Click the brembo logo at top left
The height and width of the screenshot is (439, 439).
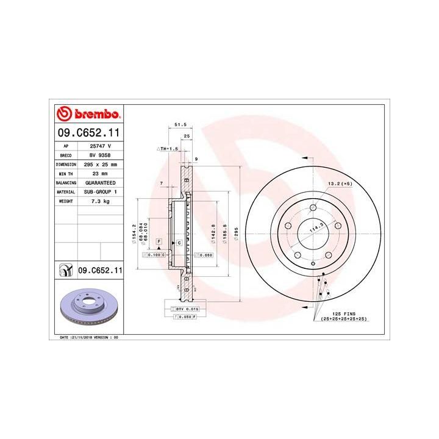88,114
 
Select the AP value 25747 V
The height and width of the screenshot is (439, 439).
100,146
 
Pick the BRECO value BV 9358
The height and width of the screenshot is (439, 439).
100,155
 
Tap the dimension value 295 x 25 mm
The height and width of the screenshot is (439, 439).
100,165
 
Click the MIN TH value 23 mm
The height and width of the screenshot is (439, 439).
100,174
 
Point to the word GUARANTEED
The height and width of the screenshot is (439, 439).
100,182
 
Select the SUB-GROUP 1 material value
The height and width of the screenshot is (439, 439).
100,191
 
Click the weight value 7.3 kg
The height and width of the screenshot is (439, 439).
100,200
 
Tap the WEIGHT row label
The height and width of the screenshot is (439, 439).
66,200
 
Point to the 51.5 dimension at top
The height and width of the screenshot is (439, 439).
180,124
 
